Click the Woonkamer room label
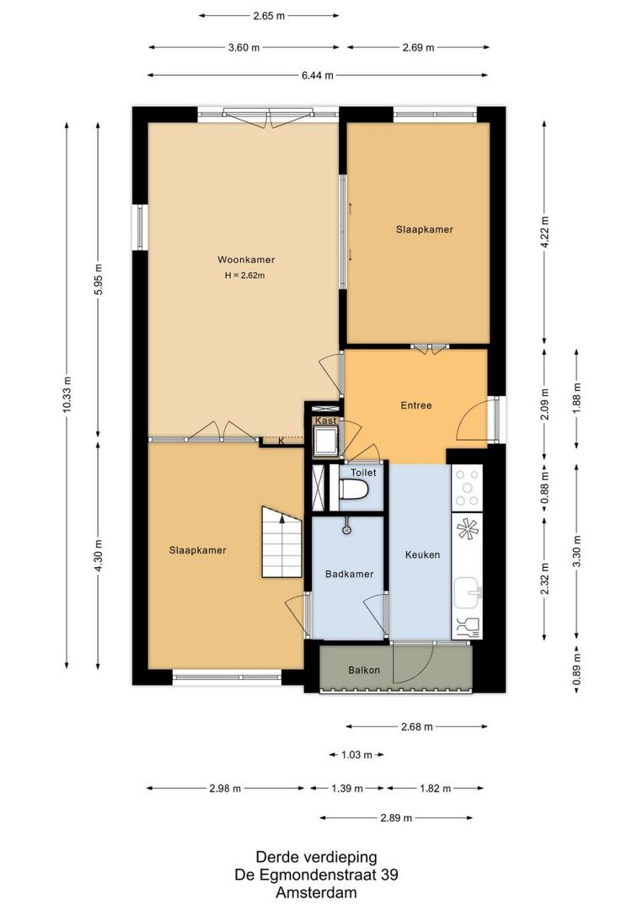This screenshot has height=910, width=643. (246, 260)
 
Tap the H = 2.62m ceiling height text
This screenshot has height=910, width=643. (245, 276)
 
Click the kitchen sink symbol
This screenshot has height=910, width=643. (468, 591)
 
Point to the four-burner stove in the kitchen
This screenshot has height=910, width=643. (467, 488)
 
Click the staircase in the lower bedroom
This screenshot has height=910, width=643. (282, 542)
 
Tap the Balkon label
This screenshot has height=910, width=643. (364, 670)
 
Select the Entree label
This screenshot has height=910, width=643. (416, 405)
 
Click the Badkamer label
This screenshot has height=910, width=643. (350, 574)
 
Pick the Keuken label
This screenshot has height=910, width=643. (422, 554)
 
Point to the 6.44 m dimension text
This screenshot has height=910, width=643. (318, 75)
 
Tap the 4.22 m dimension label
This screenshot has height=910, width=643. (544, 233)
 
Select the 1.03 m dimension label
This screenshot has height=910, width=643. (356, 755)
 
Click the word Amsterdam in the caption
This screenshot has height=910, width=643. (316, 892)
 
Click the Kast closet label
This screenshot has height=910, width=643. (325, 420)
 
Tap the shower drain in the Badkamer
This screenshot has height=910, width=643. (346, 529)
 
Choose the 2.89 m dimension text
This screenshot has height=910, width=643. (396, 817)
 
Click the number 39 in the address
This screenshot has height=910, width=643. (390, 875)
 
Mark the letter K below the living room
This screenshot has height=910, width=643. (281, 441)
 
